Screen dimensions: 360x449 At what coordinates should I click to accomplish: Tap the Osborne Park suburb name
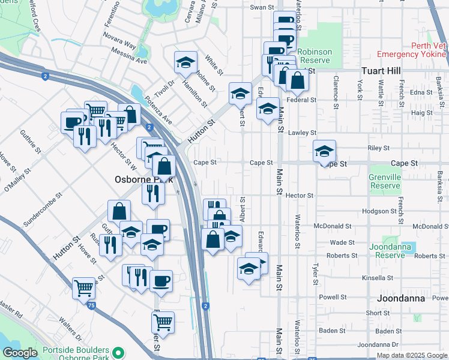pyautogui.click(x=144, y=179)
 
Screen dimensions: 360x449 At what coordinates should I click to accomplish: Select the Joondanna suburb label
pyautogui.click(x=402, y=298)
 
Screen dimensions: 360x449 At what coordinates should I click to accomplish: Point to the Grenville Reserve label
pyautogui.click(x=385, y=181)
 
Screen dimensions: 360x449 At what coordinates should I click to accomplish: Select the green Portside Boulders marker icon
pyautogui.click(x=119, y=352)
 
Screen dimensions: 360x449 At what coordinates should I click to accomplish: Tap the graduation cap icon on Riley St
pyautogui.click(x=324, y=151)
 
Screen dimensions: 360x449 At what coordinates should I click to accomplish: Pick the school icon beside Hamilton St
pyautogui.click(x=186, y=62)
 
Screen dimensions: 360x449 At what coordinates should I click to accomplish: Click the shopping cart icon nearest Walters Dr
pyautogui.click(x=84, y=287)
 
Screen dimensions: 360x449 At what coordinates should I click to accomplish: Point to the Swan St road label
pyautogui.click(x=262, y=7)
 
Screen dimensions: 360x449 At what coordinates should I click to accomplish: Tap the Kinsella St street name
pyautogui.click(x=375, y=278)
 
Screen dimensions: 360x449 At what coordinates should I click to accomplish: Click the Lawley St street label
pyautogui.click(x=301, y=133)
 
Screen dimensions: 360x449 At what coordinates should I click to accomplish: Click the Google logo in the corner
pyautogui.click(x=20, y=353)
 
